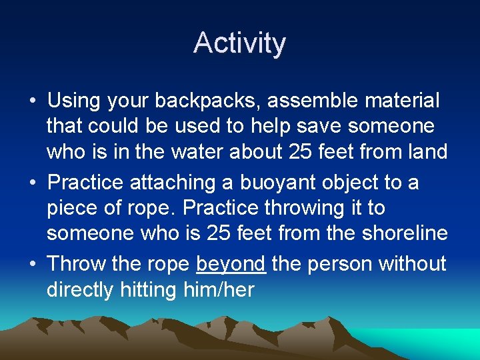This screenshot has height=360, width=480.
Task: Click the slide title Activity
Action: pos(240,43)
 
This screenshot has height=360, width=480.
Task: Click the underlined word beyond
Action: pos(231,264)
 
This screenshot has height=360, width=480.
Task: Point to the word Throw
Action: pos(77,264)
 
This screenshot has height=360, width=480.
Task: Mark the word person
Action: pos(340,264)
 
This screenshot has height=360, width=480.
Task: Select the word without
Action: pos(413,264)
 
